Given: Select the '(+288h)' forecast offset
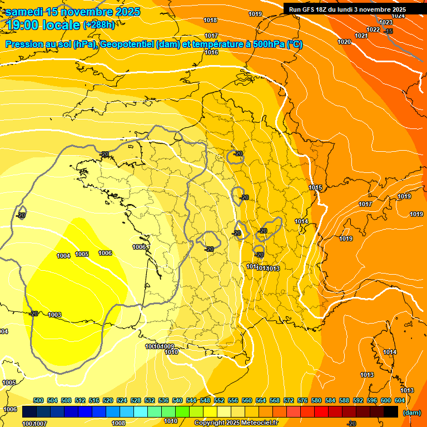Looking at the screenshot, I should point(100,25).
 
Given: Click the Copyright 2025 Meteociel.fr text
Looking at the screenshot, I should point(235,423).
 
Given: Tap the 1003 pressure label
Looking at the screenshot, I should point(54,315).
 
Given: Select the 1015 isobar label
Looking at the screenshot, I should point(316,188).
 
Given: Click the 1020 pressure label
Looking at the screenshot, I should point(344,42).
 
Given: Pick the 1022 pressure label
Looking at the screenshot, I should point(373,29).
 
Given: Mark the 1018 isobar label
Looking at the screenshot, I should point(210,21).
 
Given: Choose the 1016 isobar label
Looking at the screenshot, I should point(211,53).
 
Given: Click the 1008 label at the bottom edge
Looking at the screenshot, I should point(118,423).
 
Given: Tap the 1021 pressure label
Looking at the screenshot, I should point(361,36).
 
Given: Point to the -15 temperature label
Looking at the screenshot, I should point(388,32).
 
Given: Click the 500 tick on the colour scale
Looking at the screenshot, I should point(38,401).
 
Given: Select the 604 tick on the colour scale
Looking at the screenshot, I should point(400,401).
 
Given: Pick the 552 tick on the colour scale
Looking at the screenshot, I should point(219,401).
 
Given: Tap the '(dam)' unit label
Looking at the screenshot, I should point(411,413).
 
